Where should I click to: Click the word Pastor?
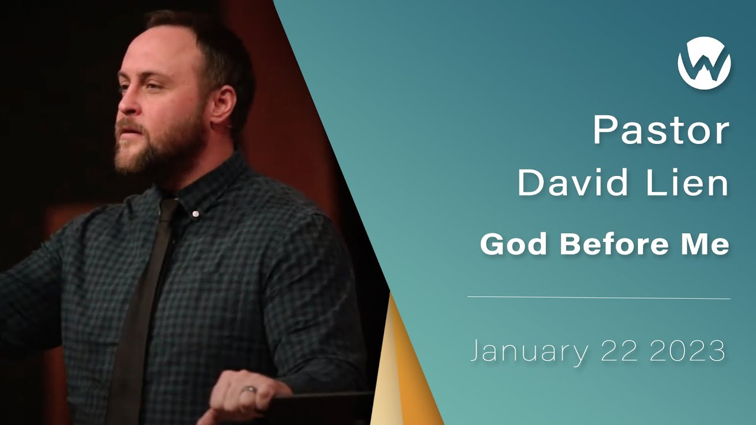click(661, 131)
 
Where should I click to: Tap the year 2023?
click(687, 351)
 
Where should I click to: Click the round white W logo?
click(704, 63)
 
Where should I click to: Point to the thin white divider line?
click(598, 298)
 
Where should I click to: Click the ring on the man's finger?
click(250, 390)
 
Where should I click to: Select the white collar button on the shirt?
click(195, 213)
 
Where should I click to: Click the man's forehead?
click(148, 56)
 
